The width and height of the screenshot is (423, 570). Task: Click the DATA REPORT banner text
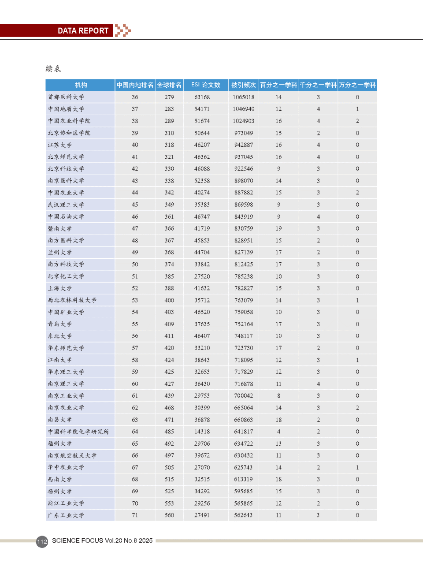[83, 31]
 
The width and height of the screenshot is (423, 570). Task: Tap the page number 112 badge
[42, 541]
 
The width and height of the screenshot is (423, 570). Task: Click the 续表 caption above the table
[53, 68]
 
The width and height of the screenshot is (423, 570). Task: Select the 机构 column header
[81, 85]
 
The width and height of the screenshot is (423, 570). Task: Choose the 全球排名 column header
[169, 85]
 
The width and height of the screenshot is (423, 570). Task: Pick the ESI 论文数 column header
[206, 85]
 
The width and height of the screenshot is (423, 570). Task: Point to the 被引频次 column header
[244, 85]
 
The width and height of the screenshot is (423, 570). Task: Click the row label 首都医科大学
[66, 97]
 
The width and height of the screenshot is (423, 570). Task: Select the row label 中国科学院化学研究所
[78, 432]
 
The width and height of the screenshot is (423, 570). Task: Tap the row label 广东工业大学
[66, 515]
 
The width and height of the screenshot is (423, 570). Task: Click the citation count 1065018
[244, 97]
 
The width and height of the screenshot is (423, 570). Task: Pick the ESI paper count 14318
[202, 432]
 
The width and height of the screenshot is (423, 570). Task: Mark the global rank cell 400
[169, 300]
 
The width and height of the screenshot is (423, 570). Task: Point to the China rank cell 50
[135, 265]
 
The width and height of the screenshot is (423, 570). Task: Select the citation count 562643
[244, 515]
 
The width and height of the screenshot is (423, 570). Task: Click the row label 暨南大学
[60, 229]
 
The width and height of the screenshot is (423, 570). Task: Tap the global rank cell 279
[169, 97]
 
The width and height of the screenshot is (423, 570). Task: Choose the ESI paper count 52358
[202, 181]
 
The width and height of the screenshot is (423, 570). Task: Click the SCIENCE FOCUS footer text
[102, 540]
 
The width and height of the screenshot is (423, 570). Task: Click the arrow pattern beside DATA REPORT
[123, 30]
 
